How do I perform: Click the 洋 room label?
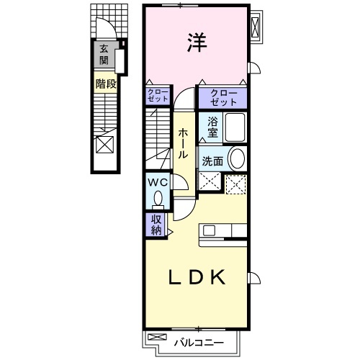coord(197,42)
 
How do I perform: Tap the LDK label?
coord(197,277)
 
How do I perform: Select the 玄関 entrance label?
coord(104,55)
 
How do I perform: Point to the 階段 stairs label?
coord(106,84)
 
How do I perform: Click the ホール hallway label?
coord(183,143)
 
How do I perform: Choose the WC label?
coord(158,183)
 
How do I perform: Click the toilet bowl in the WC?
coord(158,199)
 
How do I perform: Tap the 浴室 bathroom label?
coord(212,127)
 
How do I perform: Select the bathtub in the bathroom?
coord(235,127)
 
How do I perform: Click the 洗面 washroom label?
coord(212,161)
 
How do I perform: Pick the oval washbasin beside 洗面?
coord(238,158)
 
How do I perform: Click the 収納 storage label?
coord(156,225)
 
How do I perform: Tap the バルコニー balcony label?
coord(199,343)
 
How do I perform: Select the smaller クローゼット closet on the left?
coord(158,96)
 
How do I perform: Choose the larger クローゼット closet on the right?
coord(223,98)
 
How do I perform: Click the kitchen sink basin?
coord(209,230)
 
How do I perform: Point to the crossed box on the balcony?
coord(157,337)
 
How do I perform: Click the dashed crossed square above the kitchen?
coord(236,184)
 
